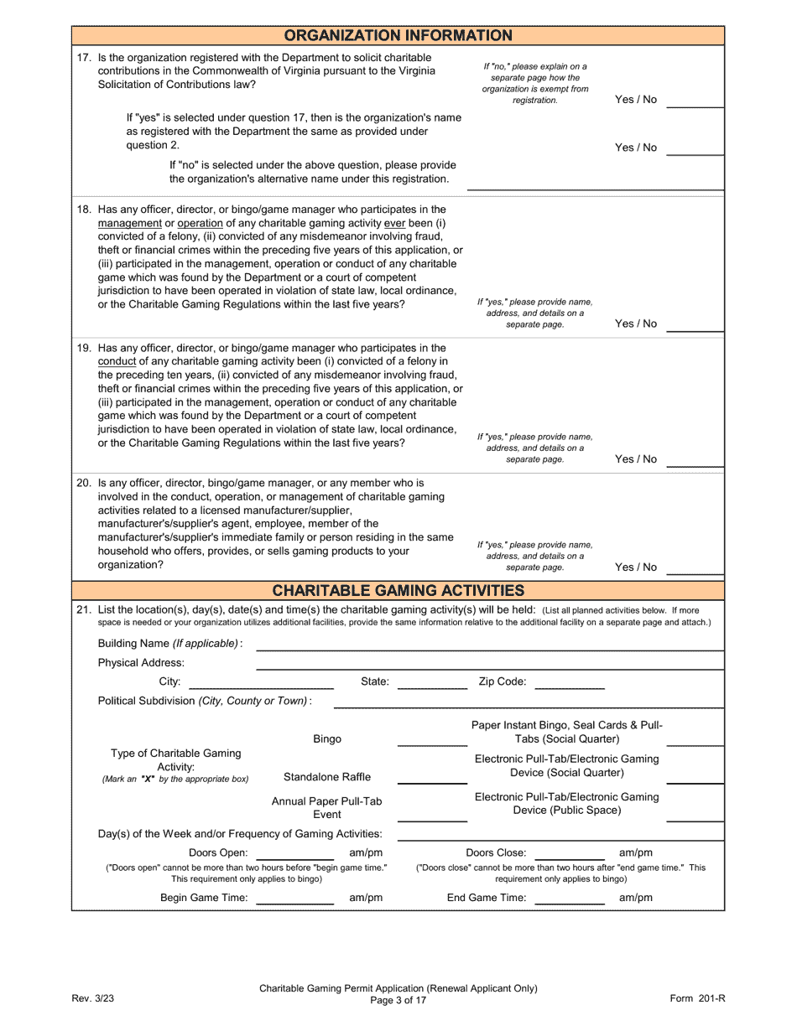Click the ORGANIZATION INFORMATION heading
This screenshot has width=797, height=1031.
click(398, 35)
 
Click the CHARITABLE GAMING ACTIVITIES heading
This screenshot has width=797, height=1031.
click(398, 590)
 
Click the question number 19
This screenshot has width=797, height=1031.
click(84, 348)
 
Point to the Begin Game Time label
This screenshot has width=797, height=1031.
click(204, 898)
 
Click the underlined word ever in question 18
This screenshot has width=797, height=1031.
click(394, 223)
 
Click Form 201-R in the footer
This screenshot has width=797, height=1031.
click(697, 998)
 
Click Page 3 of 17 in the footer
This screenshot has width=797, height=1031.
click(398, 1000)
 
